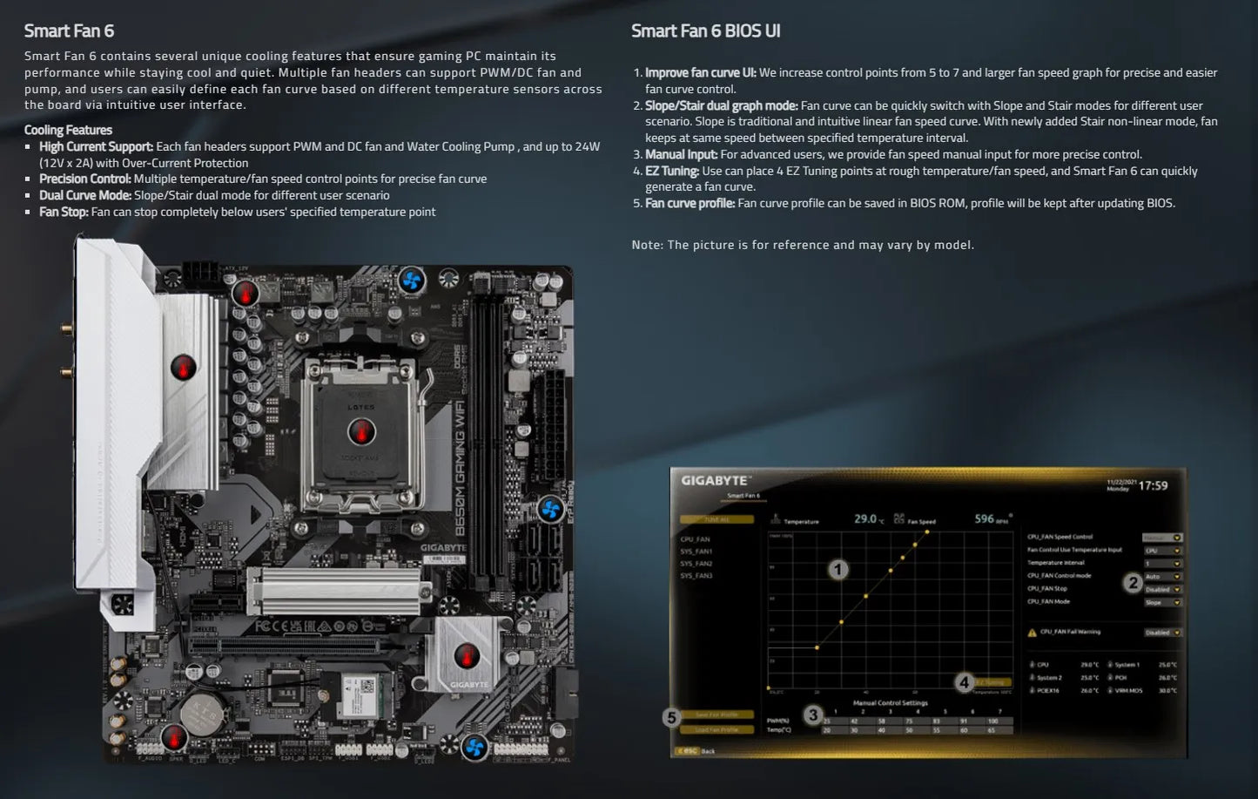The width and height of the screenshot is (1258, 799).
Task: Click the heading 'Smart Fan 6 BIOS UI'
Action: coord(705,31)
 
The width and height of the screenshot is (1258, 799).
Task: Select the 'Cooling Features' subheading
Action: coord(68,130)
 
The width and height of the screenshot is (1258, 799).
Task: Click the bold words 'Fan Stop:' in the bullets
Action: coord(64,212)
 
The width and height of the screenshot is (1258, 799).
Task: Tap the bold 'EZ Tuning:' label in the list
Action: coord(672,171)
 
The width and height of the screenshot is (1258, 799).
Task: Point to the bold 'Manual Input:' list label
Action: coord(681,154)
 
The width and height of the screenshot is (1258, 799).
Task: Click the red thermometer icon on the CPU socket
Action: coord(361,430)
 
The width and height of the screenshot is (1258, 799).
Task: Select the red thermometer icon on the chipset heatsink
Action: coord(467,653)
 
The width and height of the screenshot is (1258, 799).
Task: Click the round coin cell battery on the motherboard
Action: coord(204,713)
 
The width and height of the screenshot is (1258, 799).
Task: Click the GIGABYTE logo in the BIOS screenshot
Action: coord(714,481)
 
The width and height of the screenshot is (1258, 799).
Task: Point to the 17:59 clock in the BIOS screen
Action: coord(1153,485)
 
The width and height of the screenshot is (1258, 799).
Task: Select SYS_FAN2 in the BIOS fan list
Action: coord(696,564)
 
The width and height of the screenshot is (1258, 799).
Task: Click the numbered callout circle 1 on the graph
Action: coord(838,570)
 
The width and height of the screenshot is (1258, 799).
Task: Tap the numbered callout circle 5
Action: coord(670,718)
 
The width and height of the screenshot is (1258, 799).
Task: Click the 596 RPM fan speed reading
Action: coord(985,518)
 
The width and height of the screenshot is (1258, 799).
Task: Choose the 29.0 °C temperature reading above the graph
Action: coord(865,518)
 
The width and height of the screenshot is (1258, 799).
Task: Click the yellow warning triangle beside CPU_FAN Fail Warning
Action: coord(1033,633)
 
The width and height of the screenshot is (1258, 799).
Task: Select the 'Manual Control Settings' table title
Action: coord(890,702)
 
